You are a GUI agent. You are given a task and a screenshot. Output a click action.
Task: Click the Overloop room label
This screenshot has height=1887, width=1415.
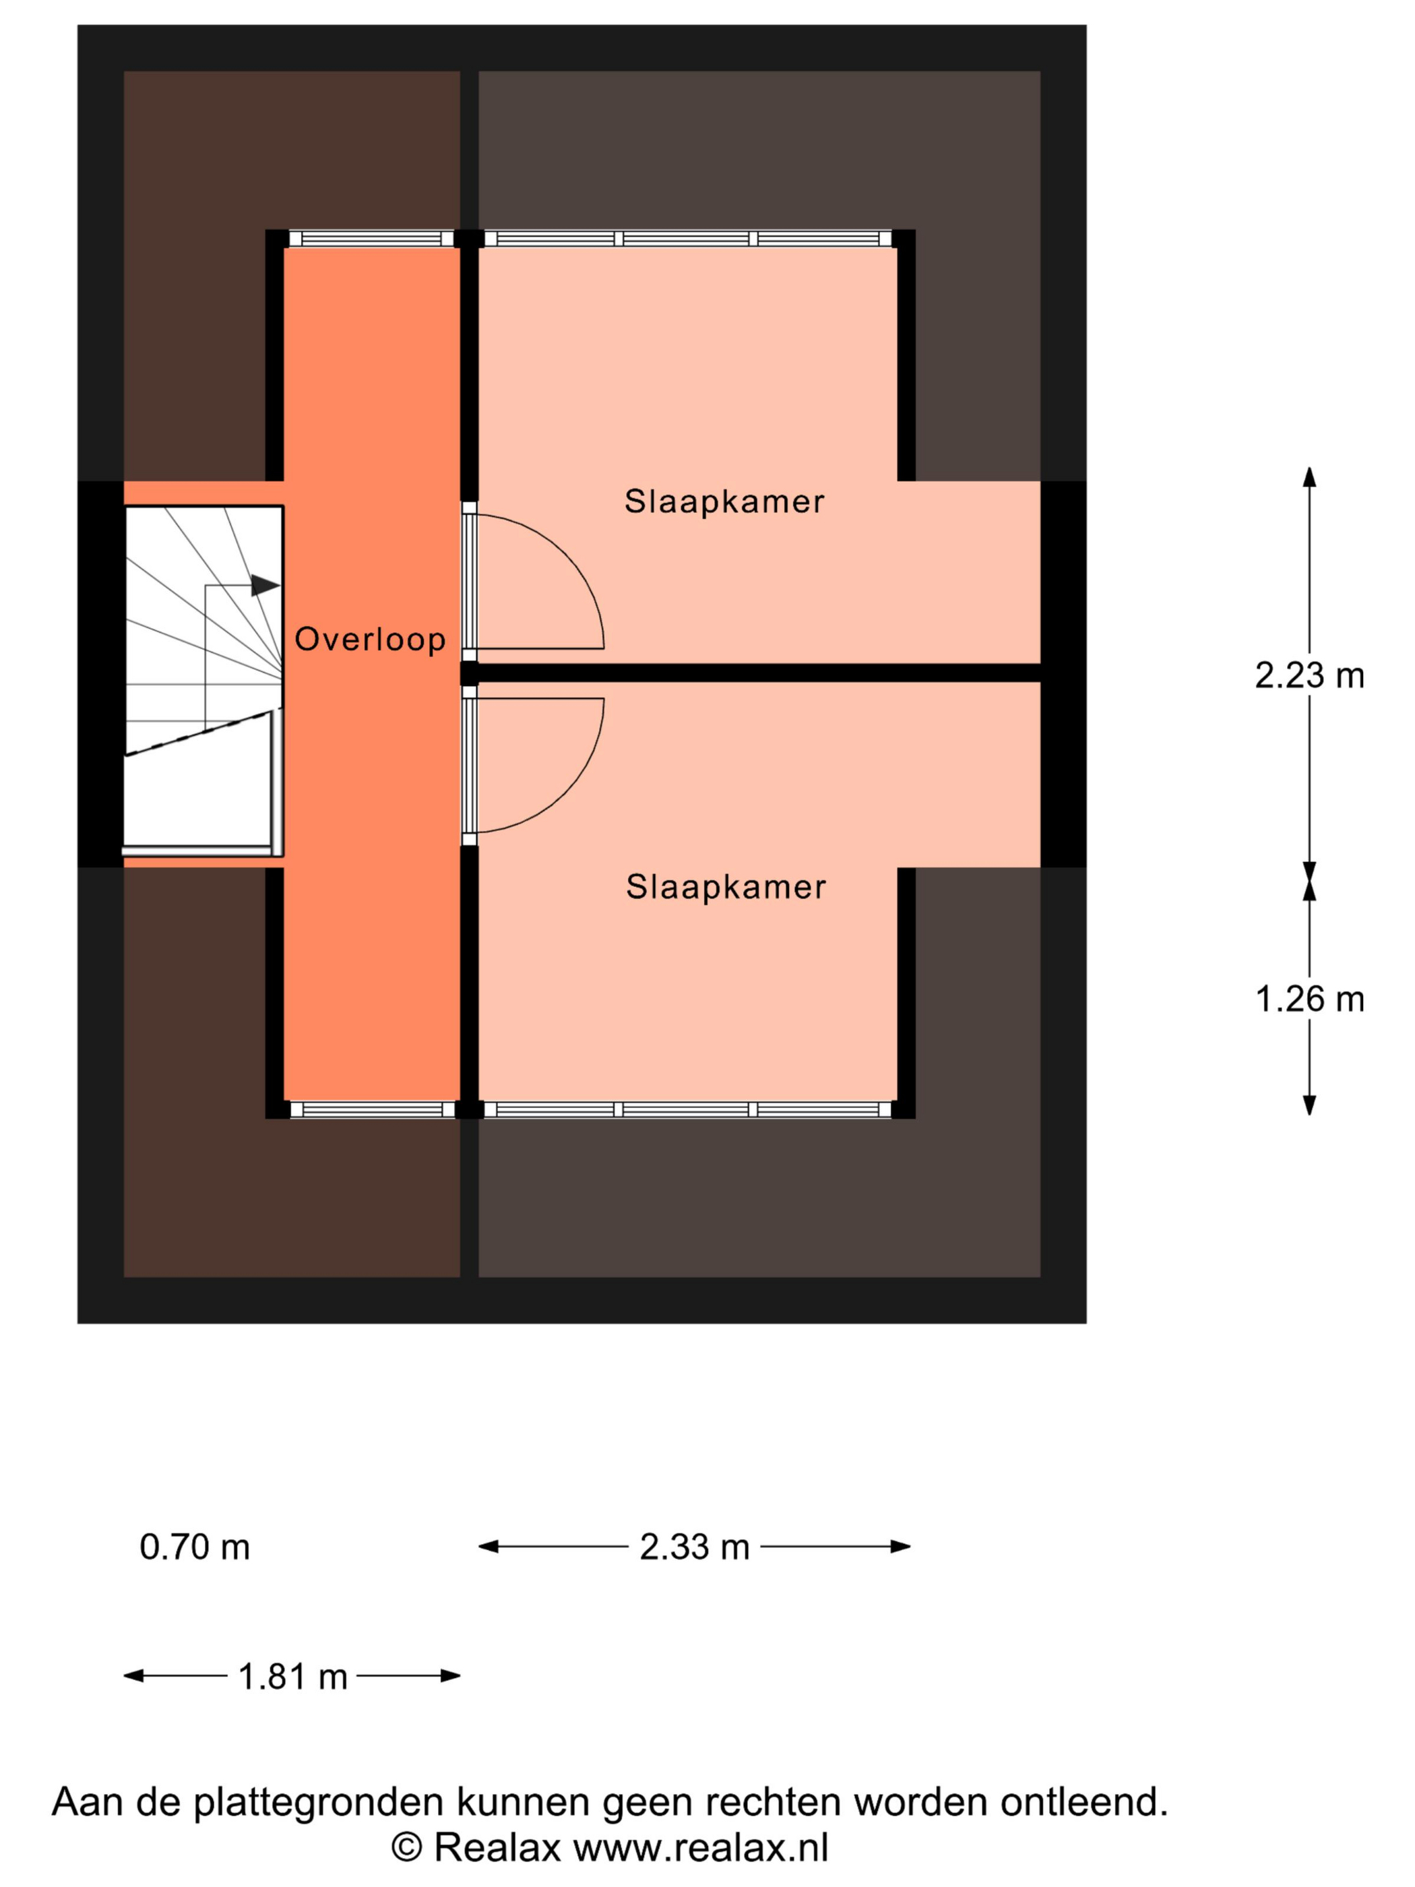[x=369, y=639]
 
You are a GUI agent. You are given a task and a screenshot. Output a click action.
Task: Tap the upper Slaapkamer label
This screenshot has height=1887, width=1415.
[x=724, y=501]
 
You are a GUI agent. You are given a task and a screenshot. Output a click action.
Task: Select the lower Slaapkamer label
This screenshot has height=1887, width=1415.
[x=726, y=887]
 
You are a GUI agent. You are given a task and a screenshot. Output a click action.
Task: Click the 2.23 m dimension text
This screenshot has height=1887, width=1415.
[x=1309, y=676]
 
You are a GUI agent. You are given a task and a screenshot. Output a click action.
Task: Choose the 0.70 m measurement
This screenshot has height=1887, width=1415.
[x=195, y=1547]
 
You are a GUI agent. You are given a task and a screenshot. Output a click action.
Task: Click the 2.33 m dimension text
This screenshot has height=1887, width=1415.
[x=694, y=1547]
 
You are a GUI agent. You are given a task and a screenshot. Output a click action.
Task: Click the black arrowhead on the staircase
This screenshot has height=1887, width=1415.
[x=265, y=585]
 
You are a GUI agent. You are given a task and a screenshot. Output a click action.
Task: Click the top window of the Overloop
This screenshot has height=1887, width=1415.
[x=372, y=239]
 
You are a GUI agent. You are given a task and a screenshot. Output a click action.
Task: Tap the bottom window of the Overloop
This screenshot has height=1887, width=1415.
[x=372, y=1109]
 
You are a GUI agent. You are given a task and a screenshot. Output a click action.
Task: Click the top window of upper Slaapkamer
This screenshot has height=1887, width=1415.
[x=687, y=239]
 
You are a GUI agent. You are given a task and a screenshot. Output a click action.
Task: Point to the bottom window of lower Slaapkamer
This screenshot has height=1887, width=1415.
[x=687, y=1109]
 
